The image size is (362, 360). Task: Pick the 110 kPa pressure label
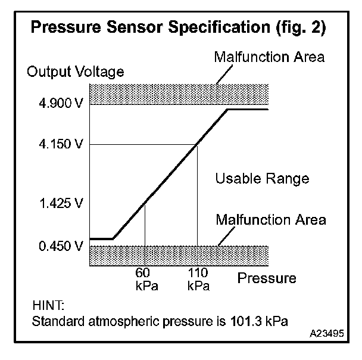[x=198, y=280]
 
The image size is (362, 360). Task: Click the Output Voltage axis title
[x=76, y=73]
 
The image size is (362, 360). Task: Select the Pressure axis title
[x=267, y=278]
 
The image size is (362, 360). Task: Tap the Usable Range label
[x=262, y=178]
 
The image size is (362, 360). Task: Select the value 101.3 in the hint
[x=243, y=322]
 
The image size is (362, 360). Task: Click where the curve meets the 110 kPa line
[x=198, y=144]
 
